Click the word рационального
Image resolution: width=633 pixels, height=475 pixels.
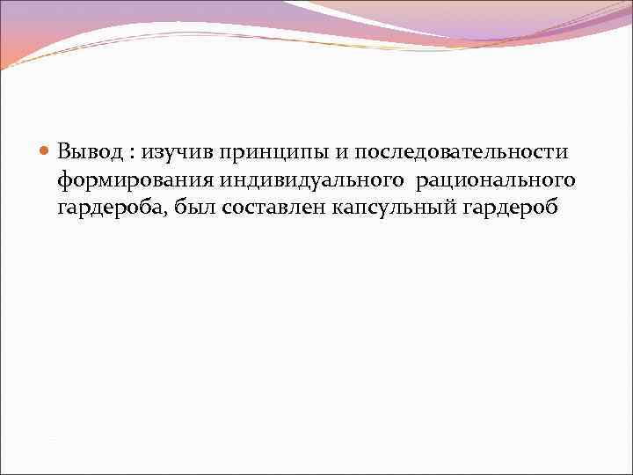490,180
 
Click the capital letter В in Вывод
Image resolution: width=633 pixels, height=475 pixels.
65,151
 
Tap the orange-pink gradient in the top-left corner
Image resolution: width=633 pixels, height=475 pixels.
18,35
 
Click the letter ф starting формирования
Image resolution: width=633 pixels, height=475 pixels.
64,181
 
